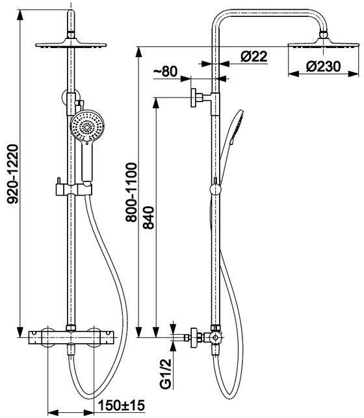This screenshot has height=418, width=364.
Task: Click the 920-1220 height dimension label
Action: [12, 174]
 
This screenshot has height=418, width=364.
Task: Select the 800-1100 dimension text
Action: [131, 192]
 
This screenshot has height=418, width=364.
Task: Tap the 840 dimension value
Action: [149, 218]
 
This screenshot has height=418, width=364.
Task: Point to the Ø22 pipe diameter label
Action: [253, 57]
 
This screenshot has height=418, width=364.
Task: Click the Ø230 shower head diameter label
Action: [323, 66]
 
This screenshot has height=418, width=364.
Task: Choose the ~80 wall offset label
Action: [165, 72]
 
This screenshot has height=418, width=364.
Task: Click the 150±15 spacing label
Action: [122, 406]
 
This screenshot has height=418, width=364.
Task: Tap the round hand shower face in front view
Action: [87, 127]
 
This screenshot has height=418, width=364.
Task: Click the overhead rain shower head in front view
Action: [71, 44]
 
